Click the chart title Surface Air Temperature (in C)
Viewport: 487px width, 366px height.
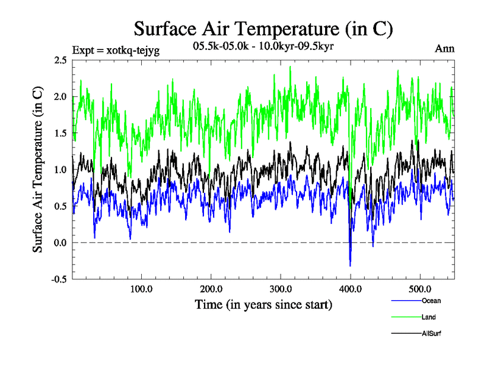point(263,29)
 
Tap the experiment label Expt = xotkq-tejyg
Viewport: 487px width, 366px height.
point(116,50)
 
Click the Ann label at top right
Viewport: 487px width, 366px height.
point(444,48)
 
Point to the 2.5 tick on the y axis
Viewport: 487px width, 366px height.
point(60,60)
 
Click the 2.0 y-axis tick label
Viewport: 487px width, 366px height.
point(60,96)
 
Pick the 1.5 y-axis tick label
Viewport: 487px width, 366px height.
point(60,133)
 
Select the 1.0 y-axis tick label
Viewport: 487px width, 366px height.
point(60,170)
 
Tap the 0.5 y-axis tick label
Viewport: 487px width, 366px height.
point(60,206)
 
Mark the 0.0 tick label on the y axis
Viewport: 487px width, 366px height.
point(60,243)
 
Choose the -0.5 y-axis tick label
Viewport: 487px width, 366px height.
point(59,279)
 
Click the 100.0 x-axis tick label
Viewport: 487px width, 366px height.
point(141,289)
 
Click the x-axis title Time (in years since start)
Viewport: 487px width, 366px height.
point(263,304)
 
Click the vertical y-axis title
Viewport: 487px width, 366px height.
point(38,170)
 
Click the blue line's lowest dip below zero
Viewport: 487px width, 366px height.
point(350,265)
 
